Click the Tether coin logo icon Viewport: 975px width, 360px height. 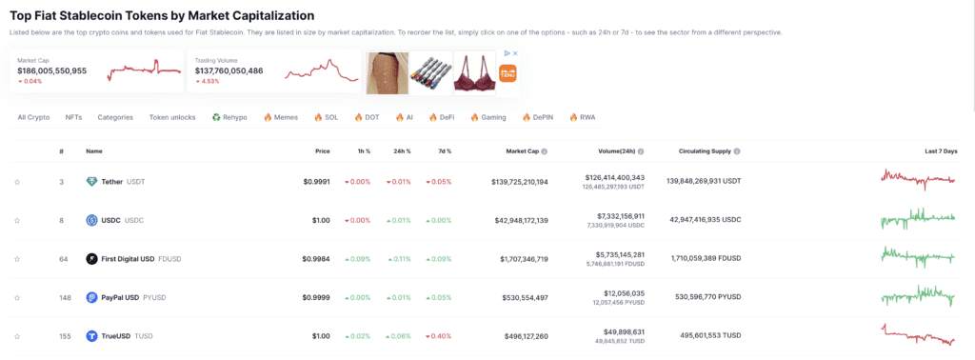tap(91, 181)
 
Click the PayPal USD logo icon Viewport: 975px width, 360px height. tap(91, 297)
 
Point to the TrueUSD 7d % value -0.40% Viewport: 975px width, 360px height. tap(439, 336)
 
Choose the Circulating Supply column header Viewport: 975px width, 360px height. tap(704, 150)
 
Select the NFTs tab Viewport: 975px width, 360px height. tap(73, 117)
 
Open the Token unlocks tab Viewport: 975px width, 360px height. tap(171, 117)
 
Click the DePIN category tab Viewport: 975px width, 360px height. tap(538, 117)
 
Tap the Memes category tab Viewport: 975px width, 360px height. tap(281, 117)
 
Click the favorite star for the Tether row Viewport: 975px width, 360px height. tap(17, 181)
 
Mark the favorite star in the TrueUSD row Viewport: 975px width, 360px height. tap(17, 336)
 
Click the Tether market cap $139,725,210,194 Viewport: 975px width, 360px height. tap(507, 181)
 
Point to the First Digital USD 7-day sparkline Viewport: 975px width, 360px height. tap(918, 256)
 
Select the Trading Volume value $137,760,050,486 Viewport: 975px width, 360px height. tap(229, 70)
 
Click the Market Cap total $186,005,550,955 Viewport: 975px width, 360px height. tap(52, 70)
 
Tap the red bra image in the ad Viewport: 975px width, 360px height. tap(473, 73)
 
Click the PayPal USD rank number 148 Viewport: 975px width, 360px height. tap(61, 297)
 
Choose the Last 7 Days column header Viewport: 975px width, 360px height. tap(941, 150)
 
